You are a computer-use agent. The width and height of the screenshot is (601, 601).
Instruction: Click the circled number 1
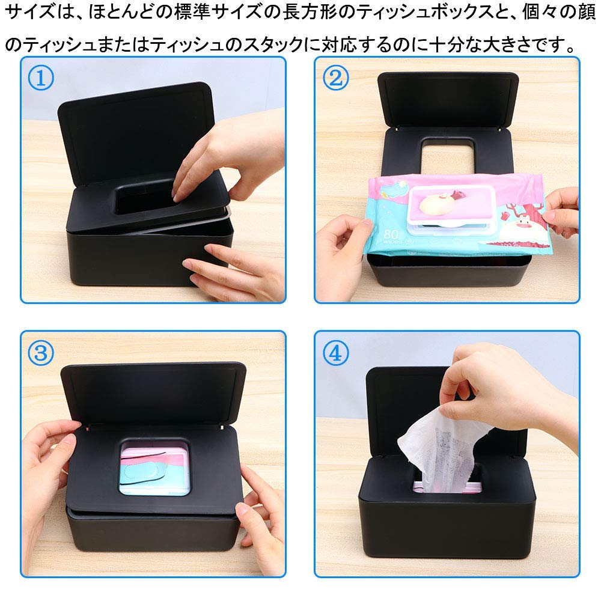pyautogui.click(x=41, y=78)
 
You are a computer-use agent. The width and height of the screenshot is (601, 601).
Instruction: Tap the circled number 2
pyautogui.click(x=335, y=78)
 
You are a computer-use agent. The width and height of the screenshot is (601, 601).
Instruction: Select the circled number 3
pyautogui.click(x=41, y=353)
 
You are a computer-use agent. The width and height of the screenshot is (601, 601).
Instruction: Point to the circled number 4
pyautogui.click(x=335, y=353)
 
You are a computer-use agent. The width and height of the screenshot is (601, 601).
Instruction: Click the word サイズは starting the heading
pyautogui.click(x=36, y=13)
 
